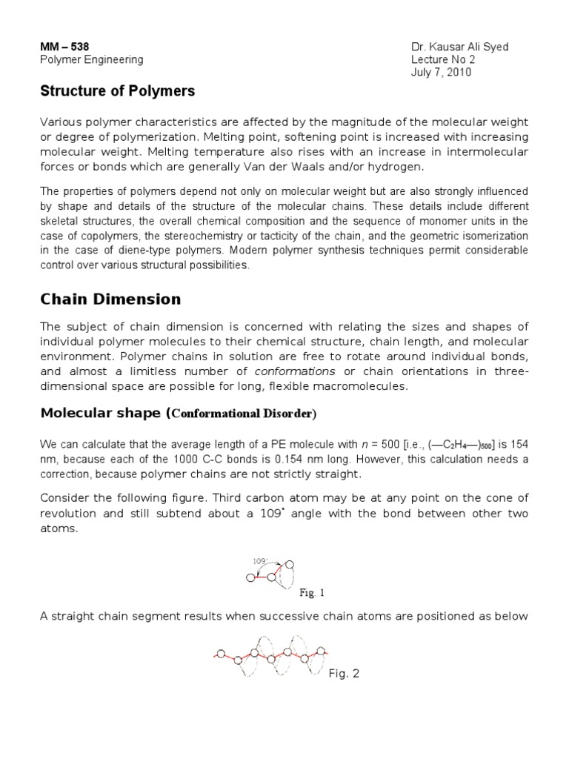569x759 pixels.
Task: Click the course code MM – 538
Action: (59, 47)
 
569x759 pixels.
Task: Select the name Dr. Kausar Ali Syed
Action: (459, 47)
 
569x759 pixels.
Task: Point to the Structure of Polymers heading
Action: (117, 91)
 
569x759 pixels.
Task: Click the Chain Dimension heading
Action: (110, 299)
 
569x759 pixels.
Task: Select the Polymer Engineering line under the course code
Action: (91, 60)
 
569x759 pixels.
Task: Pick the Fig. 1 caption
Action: (312, 593)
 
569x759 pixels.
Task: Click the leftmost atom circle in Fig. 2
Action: (219, 654)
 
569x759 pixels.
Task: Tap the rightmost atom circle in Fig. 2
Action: (322, 651)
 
